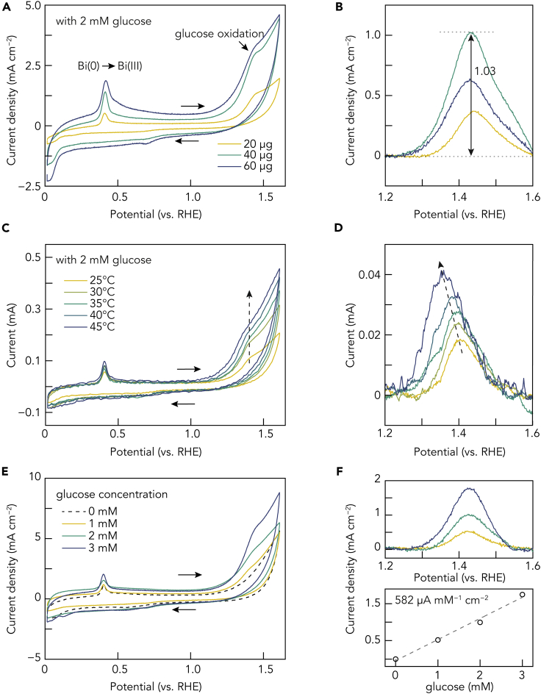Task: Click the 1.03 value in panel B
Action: (484, 71)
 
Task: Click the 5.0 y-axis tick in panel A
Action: (29, 7)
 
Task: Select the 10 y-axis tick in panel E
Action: (32, 476)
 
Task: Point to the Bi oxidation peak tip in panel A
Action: (106, 82)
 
